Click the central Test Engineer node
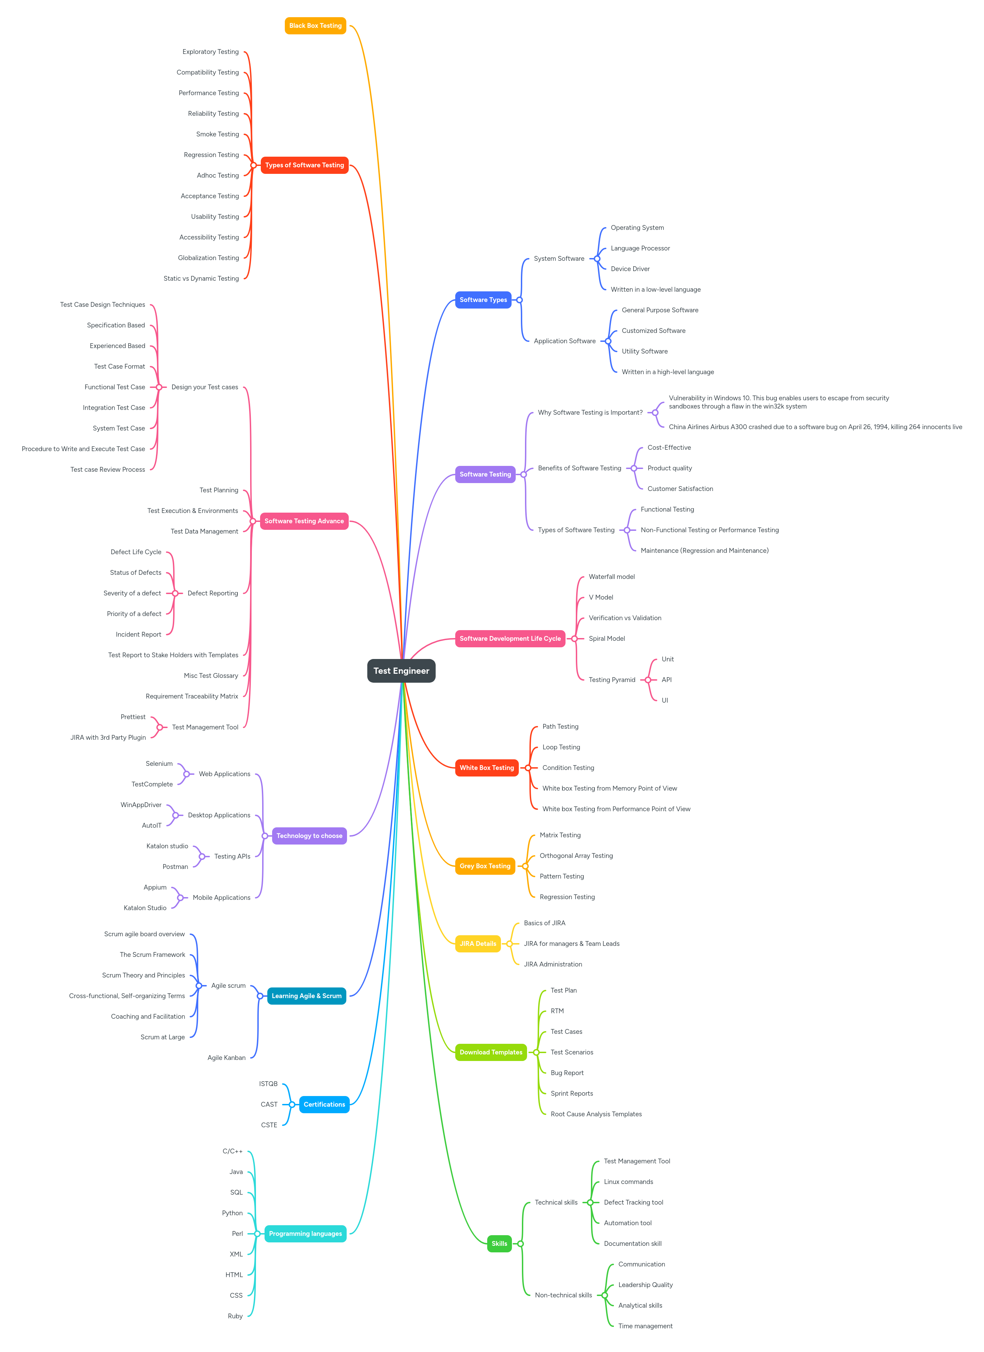[x=401, y=671]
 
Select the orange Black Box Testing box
[x=315, y=26]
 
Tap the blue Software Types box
[x=483, y=300]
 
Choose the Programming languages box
[x=305, y=1234]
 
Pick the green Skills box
[x=499, y=1243]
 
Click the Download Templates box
[x=491, y=1052]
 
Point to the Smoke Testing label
[x=217, y=134]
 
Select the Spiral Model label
[x=607, y=638]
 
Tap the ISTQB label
[x=268, y=1084]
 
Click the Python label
[x=233, y=1213]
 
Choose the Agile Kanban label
[x=226, y=1058]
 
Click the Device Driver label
[x=630, y=269]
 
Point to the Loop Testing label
[x=561, y=747]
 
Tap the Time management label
[x=645, y=1326]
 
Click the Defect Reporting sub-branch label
[x=213, y=593]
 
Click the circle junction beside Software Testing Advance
[x=253, y=521]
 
